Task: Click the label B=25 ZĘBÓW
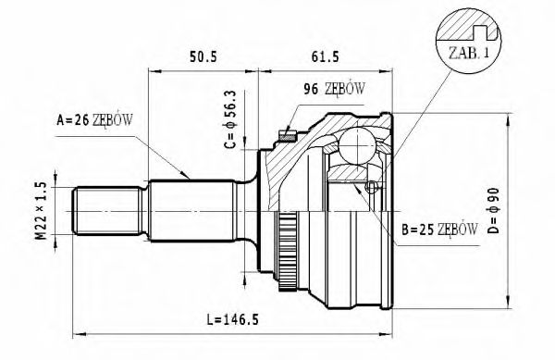(439, 228)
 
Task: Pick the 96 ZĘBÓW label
(334, 89)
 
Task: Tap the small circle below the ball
(371, 189)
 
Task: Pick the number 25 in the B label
(422, 228)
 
